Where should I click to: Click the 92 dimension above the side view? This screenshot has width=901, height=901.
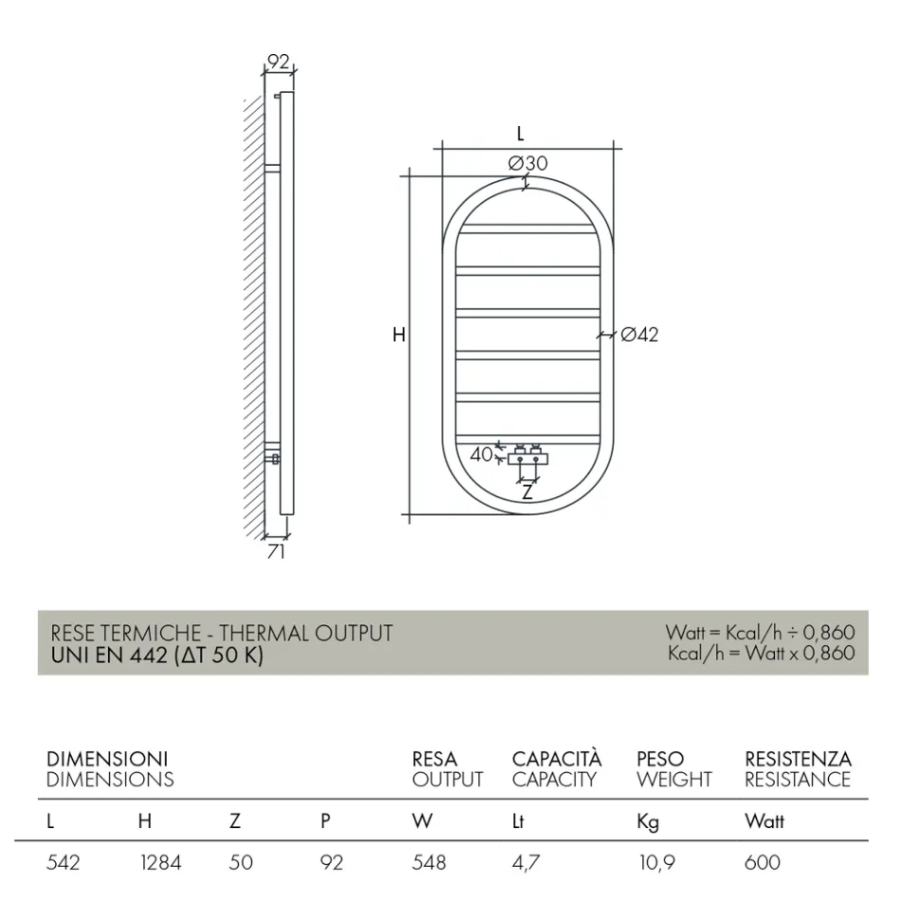tap(278, 62)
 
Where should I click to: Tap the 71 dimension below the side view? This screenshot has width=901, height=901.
tap(275, 551)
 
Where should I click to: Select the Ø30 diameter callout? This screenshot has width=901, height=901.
tap(527, 163)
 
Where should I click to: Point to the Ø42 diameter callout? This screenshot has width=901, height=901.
tap(639, 334)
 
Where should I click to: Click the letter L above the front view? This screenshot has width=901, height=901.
tap(520, 134)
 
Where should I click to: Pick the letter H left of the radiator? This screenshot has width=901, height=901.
tap(398, 335)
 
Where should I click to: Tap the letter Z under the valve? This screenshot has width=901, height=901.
tap(527, 492)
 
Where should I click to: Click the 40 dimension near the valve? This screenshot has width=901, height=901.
tap(482, 454)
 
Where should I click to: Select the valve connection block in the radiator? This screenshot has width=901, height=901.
tap(527, 456)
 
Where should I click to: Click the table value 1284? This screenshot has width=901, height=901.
tap(159, 863)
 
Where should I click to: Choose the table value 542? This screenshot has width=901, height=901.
tap(64, 863)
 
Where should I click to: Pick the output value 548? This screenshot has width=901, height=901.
tap(429, 863)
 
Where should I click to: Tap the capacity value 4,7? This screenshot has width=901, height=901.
tap(526, 863)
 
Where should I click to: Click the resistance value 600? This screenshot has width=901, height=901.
tap(763, 863)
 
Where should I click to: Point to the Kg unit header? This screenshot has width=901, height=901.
tap(648, 822)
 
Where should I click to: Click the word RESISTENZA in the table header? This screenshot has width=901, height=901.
tap(798, 760)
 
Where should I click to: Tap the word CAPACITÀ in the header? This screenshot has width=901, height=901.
tap(557, 760)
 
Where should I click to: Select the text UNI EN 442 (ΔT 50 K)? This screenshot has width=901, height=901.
tap(156, 655)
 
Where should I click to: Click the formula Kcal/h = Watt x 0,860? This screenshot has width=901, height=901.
tap(761, 653)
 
